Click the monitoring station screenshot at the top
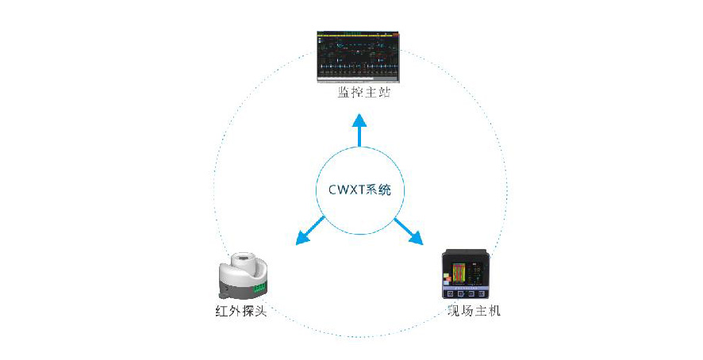pos(358,57)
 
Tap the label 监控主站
pos(364,92)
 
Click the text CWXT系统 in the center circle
pos(360,190)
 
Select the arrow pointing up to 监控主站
pos(359,130)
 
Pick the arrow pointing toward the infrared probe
pos(309,231)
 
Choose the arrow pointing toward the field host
pos(409,232)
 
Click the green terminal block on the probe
pos(260,289)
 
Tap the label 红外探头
pos(241,311)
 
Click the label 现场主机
pos(474,311)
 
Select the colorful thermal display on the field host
pos(461,274)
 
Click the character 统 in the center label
pos(385,190)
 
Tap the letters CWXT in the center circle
pos(347,190)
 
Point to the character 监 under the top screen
pos(344,92)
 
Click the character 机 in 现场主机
pos(494,311)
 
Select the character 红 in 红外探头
pos(221,311)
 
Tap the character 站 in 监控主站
pos(384,92)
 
